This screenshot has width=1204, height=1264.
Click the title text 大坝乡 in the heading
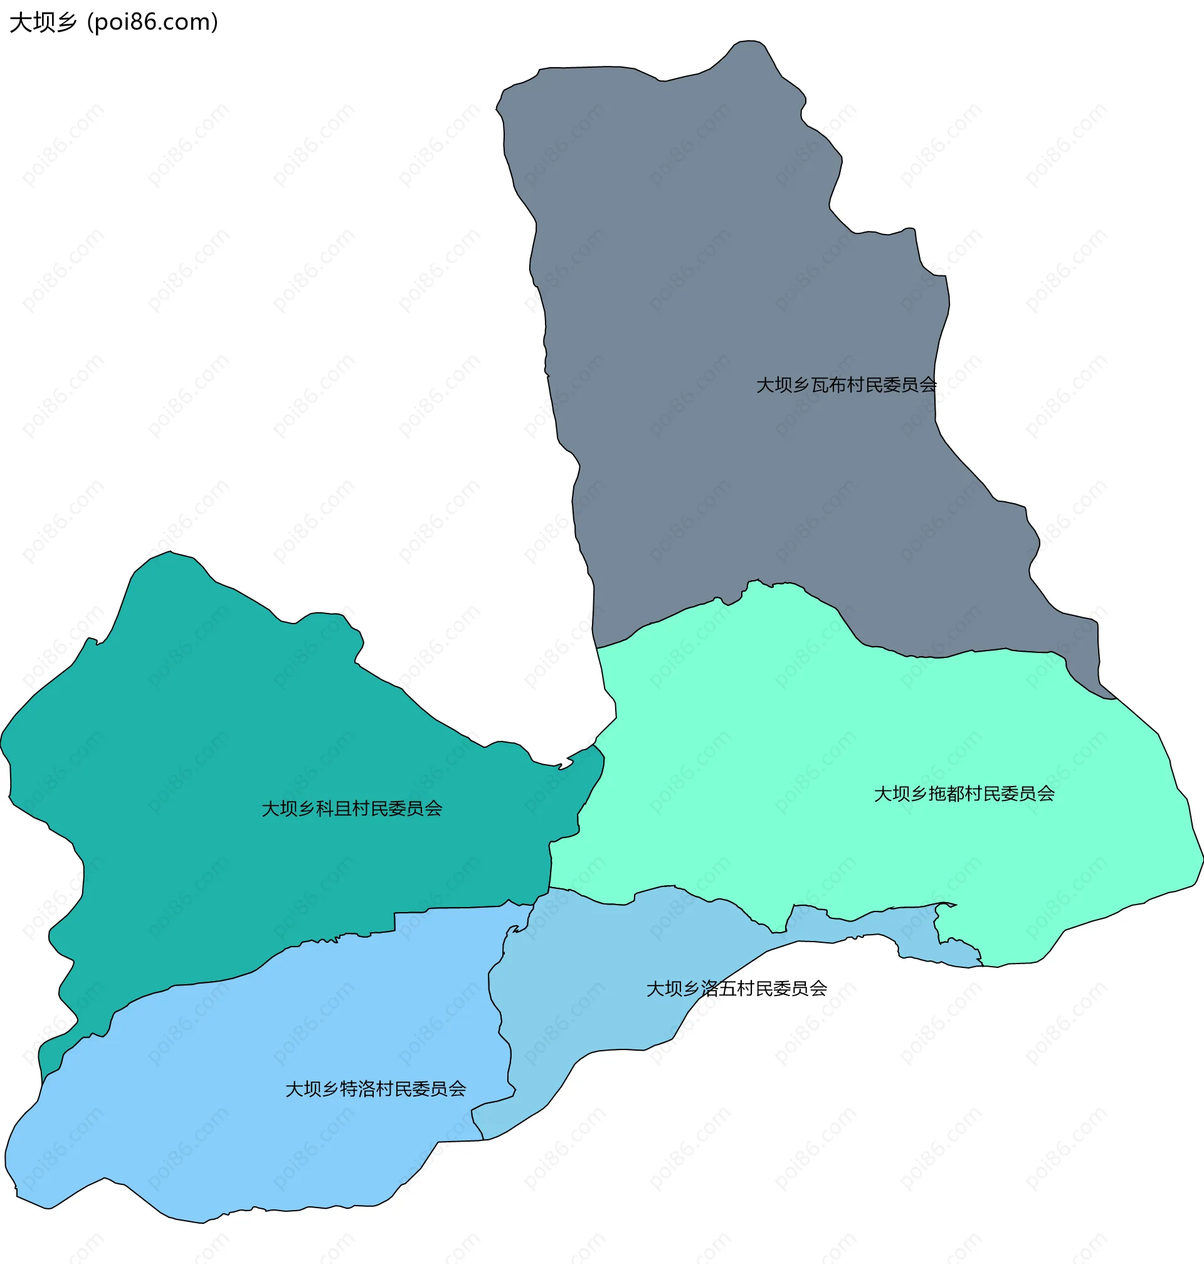tap(43, 23)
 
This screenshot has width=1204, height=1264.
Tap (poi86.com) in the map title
tap(152, 23)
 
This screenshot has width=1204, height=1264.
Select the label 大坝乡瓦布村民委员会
tap(846, 385)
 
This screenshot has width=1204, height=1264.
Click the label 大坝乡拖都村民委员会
tap(964, 794)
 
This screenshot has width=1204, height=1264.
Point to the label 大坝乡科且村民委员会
tap(352, 809)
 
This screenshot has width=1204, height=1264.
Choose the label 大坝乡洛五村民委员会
tap(736, 989)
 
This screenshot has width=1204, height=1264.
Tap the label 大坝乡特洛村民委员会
tap(376, 1090)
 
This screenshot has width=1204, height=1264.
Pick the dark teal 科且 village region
tap(224, 738)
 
